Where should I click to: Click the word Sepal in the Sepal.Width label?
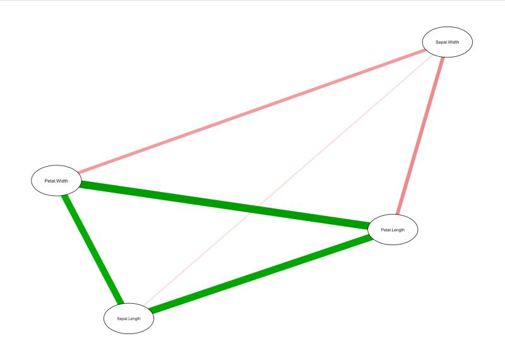[441, 43]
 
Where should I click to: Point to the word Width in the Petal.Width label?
[62, 181]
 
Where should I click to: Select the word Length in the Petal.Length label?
[398, 230]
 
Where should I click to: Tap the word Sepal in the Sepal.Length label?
[122, 318]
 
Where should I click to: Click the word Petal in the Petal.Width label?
[50, 181]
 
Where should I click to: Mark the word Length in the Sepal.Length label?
[134, 318]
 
